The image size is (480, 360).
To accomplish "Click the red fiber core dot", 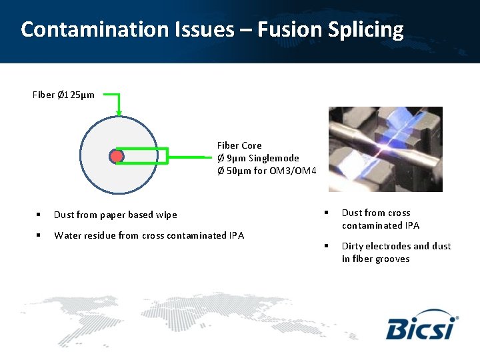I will pyautogui.click(x=117, y=157).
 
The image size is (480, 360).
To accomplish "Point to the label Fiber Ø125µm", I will pyautogui.click(x=63, y=95).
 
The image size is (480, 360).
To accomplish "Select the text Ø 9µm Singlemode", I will pyautogui.click(x=258, y=158).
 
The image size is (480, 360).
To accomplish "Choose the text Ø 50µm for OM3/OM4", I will pyautogui.click(x=266, y=171).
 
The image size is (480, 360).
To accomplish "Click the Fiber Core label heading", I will pyautogui.click(x=239, y=145).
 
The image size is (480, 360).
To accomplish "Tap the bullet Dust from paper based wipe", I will pyautogui.click(x=115, y=215).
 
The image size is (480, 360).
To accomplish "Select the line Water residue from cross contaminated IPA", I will pyautogui.click(x=149, y=235).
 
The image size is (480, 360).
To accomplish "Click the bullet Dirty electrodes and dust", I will pyautogui.click(x=396, y=247).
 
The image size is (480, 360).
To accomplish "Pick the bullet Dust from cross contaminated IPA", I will pyautogui.click(x=380, y=219).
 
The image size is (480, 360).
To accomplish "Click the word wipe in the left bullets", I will pyautogui.click(x=167, y=215).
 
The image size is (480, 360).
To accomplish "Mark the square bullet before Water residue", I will pyautogui.click(x=39, y=235).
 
